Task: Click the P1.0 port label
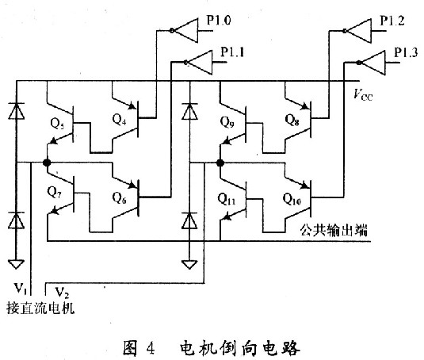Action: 219,21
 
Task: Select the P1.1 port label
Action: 232,52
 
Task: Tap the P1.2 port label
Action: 392,21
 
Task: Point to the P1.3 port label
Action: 406,52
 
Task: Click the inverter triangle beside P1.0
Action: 186,31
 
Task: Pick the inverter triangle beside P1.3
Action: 373,63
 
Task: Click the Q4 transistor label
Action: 119,119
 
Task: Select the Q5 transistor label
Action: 57,124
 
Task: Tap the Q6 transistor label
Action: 119,197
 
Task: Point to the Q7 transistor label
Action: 54,193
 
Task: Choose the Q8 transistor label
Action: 292,120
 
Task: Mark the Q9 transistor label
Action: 227,121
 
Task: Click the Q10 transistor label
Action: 292,199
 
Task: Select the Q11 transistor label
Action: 227,199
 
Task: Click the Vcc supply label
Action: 363,95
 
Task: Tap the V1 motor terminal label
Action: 20,289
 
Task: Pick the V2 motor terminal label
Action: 62,293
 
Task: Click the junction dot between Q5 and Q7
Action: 47,163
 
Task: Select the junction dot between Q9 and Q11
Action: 220,163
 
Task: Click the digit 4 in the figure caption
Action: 151,348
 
